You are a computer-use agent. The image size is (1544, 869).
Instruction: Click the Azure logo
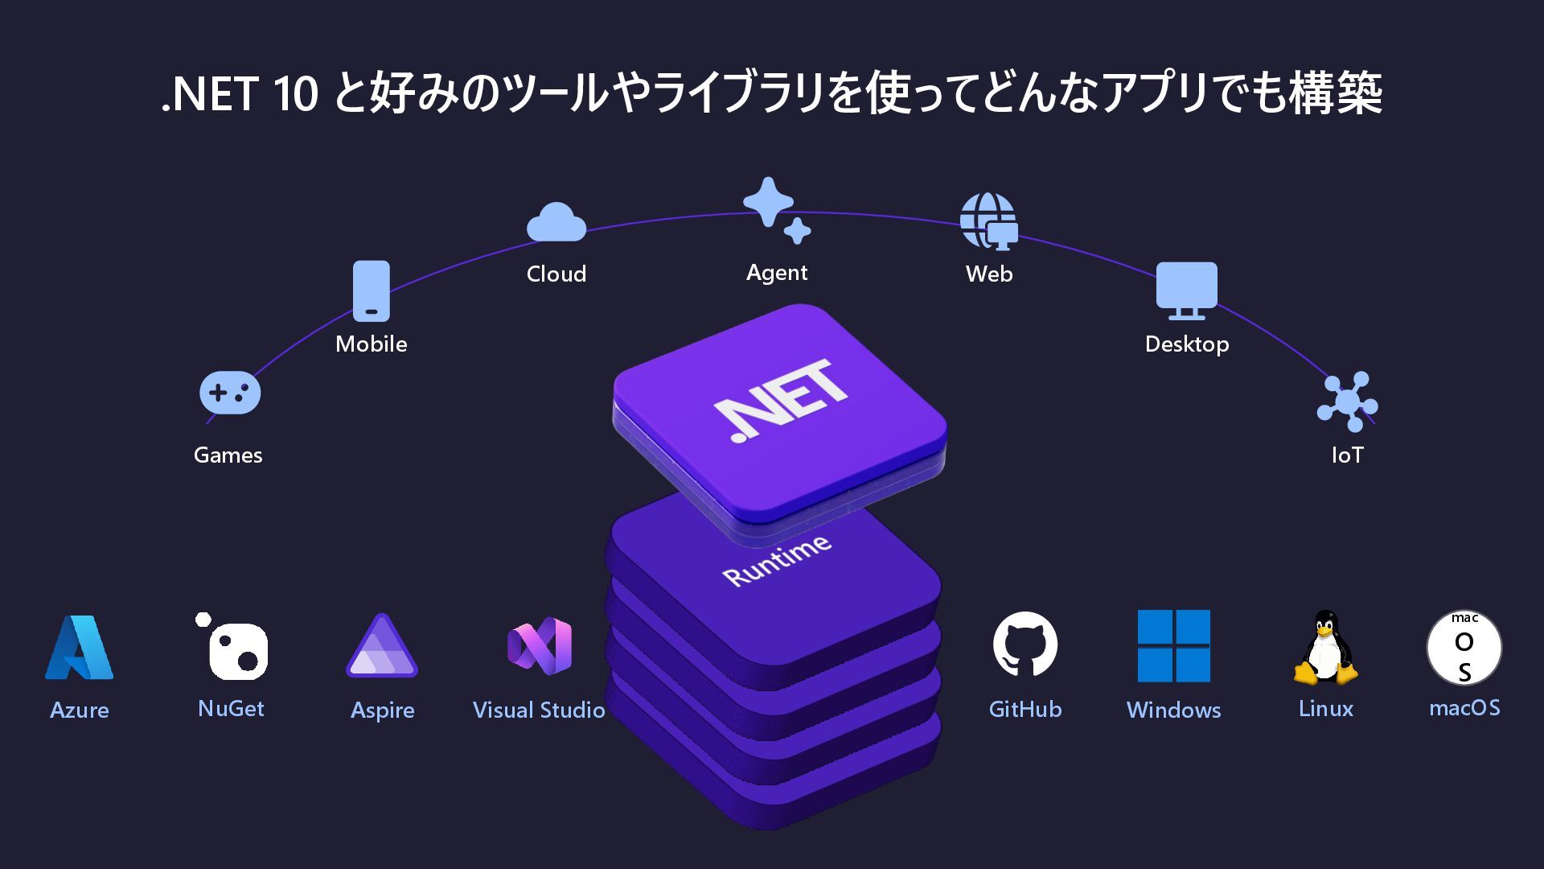[79, 649]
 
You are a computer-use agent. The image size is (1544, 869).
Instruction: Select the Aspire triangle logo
[382, 648]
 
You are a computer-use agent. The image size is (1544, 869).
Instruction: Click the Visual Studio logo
[540, 646]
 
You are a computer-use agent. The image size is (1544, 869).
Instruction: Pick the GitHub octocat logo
[1025, 645]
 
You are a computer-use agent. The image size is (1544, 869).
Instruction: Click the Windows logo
[1173, 646]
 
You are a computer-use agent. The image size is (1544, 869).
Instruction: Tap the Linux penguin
[1325, 648]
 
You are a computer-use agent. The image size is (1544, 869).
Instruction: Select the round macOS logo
[1464, 648]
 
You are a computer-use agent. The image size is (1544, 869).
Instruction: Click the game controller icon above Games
[230, 393]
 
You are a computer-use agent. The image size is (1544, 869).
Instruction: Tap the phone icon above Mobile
[372, 291]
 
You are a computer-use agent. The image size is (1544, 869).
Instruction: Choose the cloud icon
[556, 222]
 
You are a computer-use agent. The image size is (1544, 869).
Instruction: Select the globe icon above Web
[988, 221]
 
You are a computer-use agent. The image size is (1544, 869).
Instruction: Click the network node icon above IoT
[1347, 402]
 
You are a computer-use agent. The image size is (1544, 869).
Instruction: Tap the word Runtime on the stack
[777, 560]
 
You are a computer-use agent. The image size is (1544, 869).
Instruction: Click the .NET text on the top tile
[781, 400]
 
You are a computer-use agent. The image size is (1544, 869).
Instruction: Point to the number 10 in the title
[296, 94]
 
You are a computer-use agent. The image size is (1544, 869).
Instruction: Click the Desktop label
[1187, 344]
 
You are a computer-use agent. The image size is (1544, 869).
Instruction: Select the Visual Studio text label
[539, 710]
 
